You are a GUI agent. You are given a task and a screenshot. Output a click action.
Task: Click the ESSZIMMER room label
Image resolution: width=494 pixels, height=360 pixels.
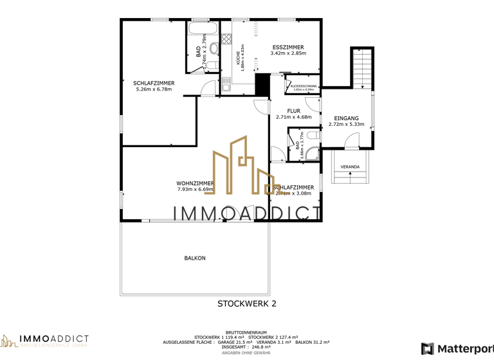point(288,48)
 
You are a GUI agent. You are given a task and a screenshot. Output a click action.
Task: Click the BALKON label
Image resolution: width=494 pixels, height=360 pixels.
point(195,258)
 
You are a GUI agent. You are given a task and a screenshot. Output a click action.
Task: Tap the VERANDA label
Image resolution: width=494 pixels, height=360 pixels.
point(350,167)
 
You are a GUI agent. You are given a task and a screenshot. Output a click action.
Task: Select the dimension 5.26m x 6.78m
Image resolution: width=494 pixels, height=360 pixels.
point(154,89)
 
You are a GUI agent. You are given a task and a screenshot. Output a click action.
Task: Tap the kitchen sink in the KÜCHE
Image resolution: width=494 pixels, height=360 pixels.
point(226,84)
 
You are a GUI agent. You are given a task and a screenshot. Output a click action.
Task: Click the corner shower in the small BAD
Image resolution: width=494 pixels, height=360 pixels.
point(311,152)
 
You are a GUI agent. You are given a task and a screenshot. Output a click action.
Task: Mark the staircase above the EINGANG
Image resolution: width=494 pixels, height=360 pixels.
point(361,67)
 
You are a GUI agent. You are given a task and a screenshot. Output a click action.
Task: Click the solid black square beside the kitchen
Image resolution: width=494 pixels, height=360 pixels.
point(262,84)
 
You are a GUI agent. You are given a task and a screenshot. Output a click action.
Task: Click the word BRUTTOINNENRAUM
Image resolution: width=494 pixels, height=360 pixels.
point(246,332)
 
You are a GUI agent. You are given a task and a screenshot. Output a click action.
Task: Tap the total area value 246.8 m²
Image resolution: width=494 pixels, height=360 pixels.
point(264,347)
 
